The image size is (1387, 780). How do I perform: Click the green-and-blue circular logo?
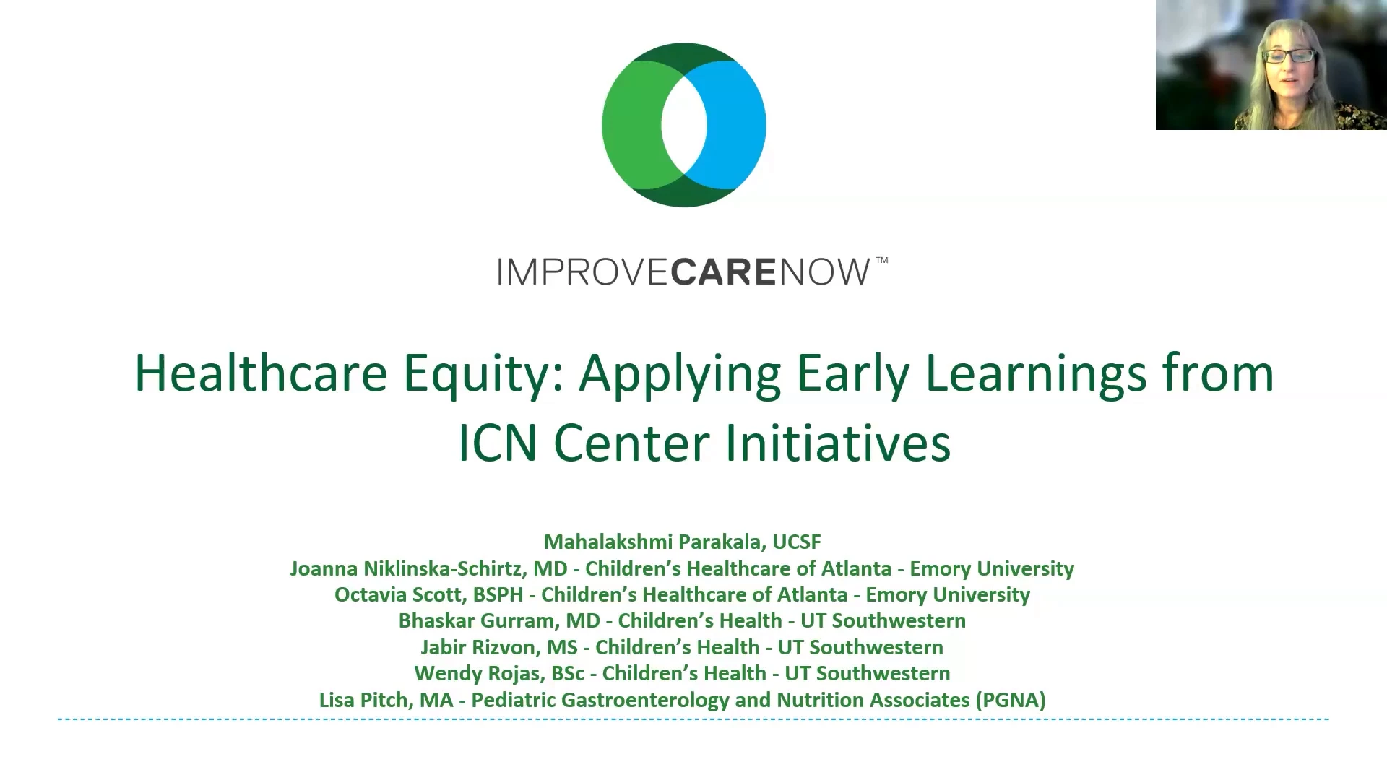click(684, 125)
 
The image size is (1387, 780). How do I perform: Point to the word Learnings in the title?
click(1036, 374)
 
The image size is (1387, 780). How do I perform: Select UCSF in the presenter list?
click(797, 542)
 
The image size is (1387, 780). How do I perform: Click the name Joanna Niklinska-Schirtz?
click(407, 568)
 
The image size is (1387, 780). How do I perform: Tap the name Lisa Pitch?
click(363, 700)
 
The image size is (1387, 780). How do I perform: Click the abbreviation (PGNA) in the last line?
click(1011, 700)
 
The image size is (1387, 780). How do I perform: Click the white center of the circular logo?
click(684, 125)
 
